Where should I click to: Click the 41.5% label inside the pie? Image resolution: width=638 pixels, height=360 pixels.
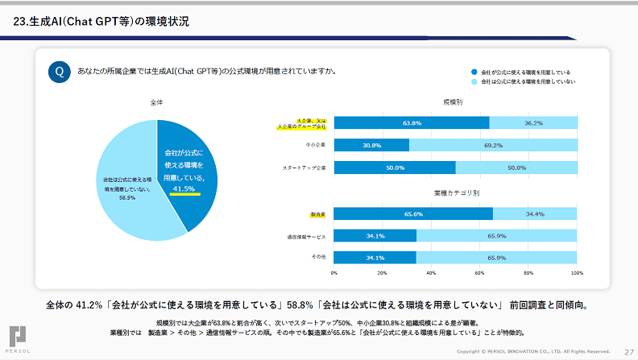[x=184, y=188]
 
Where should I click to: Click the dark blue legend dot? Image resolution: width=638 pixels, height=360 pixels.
[x=474, y=72]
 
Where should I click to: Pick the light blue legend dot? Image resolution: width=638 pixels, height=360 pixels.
[x=474, y=81]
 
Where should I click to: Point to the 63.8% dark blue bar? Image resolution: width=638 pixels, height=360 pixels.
[x=412, y=123]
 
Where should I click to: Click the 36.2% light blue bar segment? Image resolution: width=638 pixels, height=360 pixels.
[x=533, y=123]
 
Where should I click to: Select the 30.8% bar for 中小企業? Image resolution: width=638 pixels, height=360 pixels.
[x=371, y=146]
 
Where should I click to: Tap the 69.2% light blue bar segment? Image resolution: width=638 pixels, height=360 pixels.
[x=493, y=146]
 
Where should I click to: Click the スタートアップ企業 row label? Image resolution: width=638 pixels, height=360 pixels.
[x=304, y=168]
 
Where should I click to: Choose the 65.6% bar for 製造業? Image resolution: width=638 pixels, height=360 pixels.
[x=413, y=214]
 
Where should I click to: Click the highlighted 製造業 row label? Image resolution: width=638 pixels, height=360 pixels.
[x=318, y=214]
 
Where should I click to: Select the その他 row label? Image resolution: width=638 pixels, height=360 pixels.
[x=317, y=258]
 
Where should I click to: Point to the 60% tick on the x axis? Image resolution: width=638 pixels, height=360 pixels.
[x=480, y=273]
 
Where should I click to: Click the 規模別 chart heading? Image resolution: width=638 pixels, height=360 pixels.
[x=453, y=102]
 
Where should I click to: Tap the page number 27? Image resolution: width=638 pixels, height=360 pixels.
[x=629, y=351]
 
